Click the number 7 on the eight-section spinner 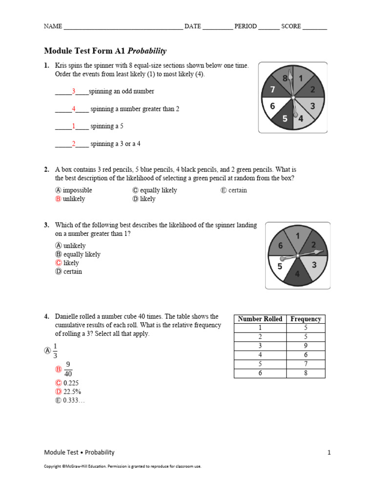coord(273,89)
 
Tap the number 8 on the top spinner coord(285,78)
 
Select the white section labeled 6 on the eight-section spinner coord(272,106)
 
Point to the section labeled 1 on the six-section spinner coord(297,236)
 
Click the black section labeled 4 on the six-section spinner coord(297,274)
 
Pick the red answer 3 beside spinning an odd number coord(74,91)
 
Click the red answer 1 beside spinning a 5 coord(74,126)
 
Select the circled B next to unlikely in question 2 coord(58,199)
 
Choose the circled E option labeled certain coord(224,190)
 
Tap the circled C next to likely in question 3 coord(58,263)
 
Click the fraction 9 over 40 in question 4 coord(68,369)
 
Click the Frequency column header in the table coord(306,319)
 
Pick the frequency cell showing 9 coord(306,346)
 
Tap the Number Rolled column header coord(260,319)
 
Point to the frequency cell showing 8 coord(306,374)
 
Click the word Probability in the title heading coord(147,51)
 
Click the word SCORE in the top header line coord(291,26)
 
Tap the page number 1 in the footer coord(329,452)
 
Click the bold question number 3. coord(46,225)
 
